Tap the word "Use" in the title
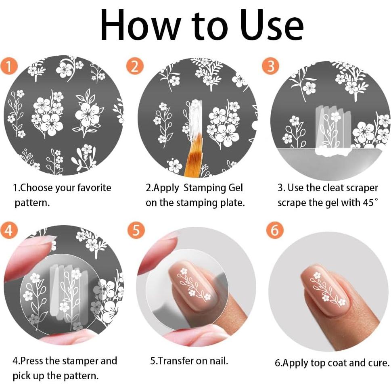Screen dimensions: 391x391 point(272,25)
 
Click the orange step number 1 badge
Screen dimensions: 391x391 point(9,66)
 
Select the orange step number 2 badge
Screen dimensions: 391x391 point(135,66)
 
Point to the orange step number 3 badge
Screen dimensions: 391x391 point(270,66)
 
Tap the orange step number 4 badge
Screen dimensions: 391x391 point(9,230)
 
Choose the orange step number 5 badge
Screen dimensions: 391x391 point(136,230)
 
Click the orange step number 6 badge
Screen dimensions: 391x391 point(275,230)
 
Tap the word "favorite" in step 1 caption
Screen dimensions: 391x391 point(94,188)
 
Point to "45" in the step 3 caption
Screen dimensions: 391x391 point(368,203)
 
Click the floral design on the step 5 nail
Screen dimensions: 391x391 point(194,285)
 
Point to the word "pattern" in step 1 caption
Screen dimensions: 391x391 point(31,203)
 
